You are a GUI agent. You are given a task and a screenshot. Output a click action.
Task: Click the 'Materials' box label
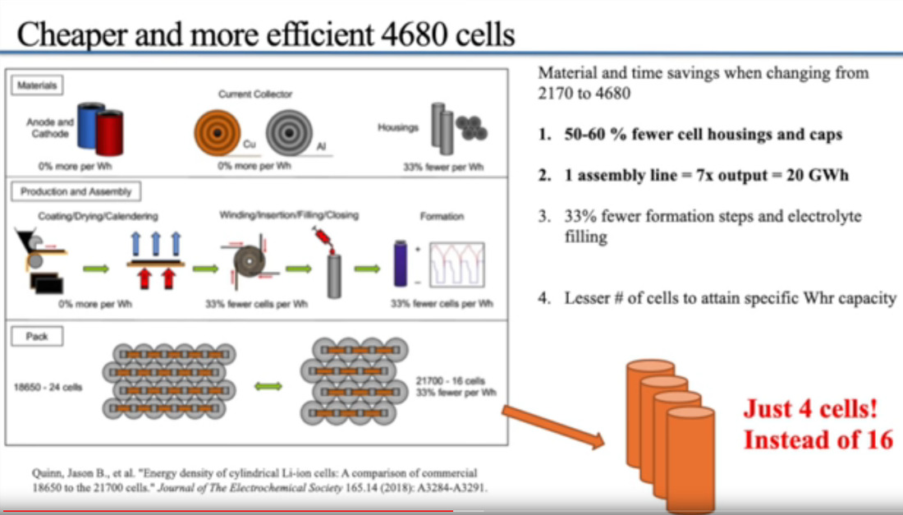click(37, 85)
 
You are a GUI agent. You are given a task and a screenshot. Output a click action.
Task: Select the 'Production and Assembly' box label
click(76, 191)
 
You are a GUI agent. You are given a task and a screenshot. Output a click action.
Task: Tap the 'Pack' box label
click(37, 337)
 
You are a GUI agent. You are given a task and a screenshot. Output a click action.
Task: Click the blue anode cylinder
click(89, 126)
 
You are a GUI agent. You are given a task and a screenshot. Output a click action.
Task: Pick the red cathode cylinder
click(109, 132)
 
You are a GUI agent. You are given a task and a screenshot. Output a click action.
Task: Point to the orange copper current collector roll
click(217, 133)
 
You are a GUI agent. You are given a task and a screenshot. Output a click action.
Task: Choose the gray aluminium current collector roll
click(289, 133)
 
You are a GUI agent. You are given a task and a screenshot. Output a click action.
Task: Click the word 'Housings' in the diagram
click(398, 127)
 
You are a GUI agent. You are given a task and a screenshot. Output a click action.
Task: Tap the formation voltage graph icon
click(457, 264)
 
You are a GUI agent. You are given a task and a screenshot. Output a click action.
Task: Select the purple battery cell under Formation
click(401, 264)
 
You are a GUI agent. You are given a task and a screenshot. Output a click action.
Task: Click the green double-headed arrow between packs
click(268, 386)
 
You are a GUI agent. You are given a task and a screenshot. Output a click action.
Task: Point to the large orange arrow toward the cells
click(552, 426)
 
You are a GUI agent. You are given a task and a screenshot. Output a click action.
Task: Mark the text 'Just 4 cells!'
click(810, 408)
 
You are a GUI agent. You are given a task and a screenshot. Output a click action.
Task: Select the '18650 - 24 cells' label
click(48, 387)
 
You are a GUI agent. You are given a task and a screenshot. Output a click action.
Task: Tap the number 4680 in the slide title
click(414, 34)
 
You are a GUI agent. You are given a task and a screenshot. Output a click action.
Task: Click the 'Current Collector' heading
click(255, 94)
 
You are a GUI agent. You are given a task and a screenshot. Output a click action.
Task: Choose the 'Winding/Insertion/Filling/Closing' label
click(289, 215)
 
